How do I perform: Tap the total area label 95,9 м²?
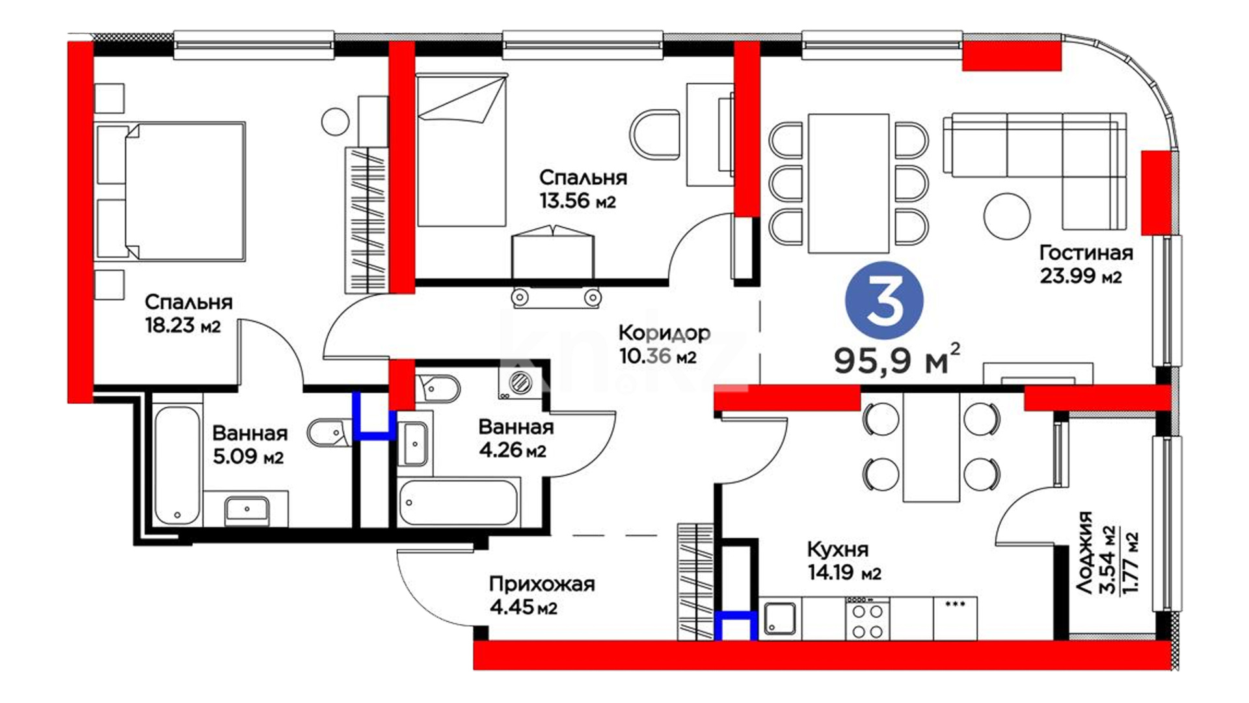pos(897,359)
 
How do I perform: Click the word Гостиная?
pos(1086,253)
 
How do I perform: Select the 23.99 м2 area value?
pos(1081,276)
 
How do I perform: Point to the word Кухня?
pos(838,550)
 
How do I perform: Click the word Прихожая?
pos(542,584)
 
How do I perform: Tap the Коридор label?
pos(664,333)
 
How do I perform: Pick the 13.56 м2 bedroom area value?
pos(577,200)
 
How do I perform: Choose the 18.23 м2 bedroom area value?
pos(183,325)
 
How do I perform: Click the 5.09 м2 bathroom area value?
pos(248,456)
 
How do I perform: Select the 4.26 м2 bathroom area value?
pos(513,450)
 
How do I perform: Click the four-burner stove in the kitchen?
pos(867,618)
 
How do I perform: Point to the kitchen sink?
pos(780,618)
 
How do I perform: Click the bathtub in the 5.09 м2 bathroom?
pos(177,466)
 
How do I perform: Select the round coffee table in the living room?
pos(1007,216)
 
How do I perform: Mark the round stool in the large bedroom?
pos(336,121)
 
